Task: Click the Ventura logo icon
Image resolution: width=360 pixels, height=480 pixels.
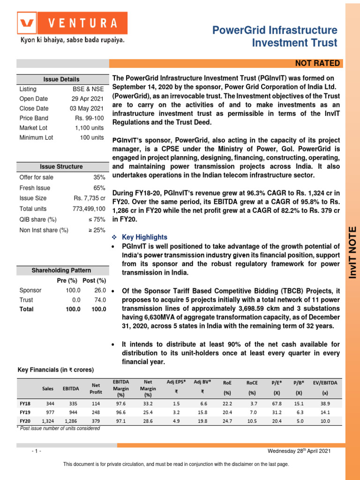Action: [27, 23]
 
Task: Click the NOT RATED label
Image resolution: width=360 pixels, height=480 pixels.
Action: [317, 64]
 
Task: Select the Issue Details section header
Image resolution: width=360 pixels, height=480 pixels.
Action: [61, 79]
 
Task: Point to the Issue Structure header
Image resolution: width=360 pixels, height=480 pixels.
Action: [61, 166]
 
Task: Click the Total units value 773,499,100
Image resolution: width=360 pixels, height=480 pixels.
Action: [89, 209]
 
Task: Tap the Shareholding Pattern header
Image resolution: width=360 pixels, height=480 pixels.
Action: [61, 270]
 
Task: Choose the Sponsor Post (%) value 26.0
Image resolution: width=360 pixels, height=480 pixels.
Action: [99, 290]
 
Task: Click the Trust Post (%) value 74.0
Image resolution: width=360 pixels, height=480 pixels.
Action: [99, 300]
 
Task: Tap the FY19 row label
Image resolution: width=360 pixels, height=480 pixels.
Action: [24, 412]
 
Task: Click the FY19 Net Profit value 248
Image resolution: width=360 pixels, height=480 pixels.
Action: [96, 412]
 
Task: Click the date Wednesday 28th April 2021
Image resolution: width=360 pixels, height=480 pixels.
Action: [299, 450]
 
